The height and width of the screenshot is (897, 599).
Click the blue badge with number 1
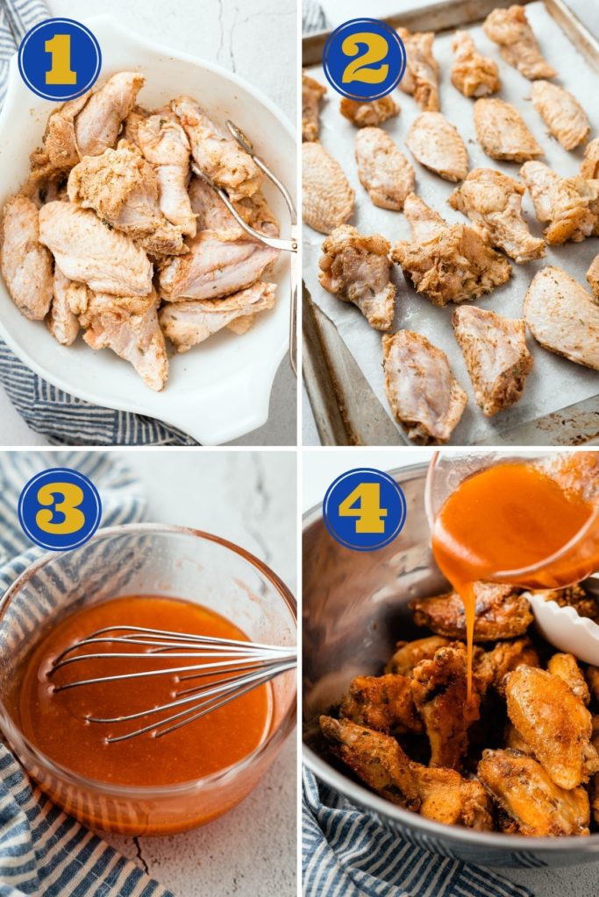coord(60,60)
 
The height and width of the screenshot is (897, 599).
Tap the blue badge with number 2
coord(364,60)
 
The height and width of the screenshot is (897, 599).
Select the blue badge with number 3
coord(60,509)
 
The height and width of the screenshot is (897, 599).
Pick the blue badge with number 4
coord(364,509)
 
